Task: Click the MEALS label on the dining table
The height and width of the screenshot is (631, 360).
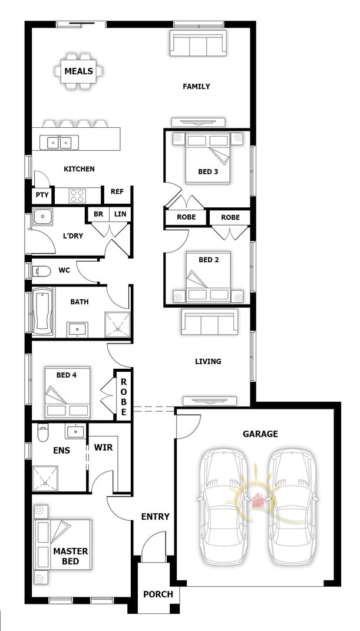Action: tap(78, 71)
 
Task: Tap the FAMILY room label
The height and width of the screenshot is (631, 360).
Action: tap(196, 87)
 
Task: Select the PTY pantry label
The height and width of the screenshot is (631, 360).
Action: tap(42, 195)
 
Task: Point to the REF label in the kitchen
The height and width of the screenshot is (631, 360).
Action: tap(117, 191)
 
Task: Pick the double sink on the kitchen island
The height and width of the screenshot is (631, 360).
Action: tap(60, 142)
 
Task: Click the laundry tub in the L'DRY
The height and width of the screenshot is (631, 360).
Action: tap(43, 217)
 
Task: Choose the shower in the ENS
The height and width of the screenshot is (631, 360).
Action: tap(45, 478)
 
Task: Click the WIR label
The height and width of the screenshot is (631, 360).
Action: tap(103, 447)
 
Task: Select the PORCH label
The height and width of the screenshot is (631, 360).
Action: tap(158, 594)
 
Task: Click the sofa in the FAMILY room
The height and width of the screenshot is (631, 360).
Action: tap(197, 43)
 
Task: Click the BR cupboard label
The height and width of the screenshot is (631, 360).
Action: tap(98, 214)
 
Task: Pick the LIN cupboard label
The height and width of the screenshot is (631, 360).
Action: tap(120, 214)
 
